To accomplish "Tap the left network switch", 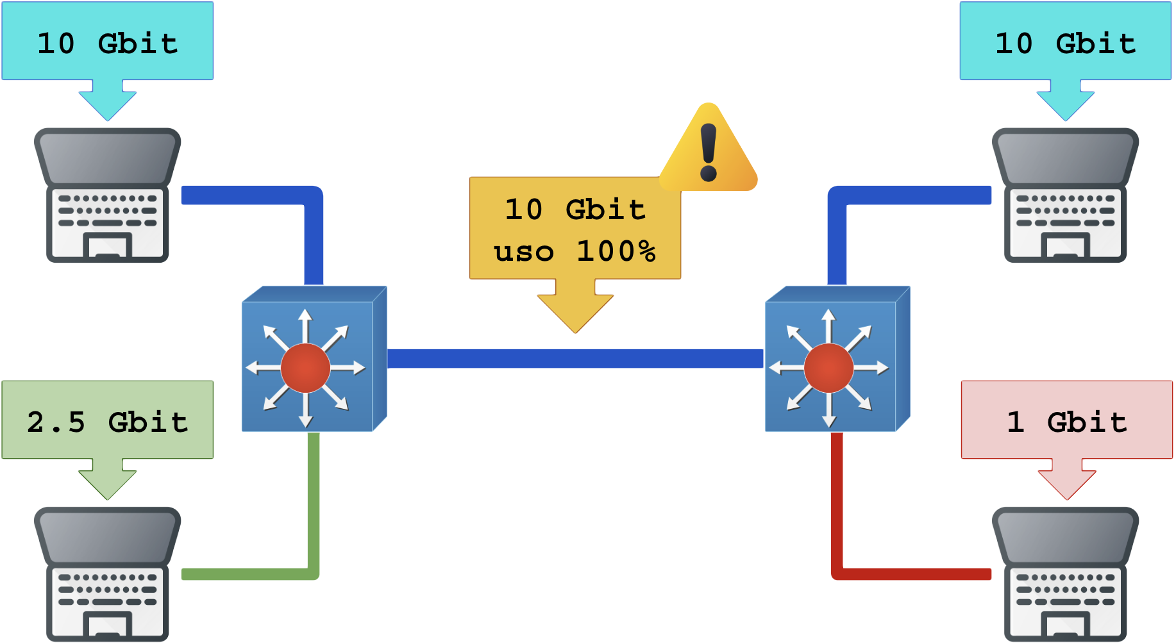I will click(x=314, y=359).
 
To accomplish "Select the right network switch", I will click(x=837, y=359).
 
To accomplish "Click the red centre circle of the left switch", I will click(x=305, y=367).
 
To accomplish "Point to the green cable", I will click(x=313, y=513).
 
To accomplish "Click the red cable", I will click(x=837, y=513).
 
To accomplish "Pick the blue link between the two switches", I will click(x=575, y=359).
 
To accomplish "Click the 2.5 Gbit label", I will click(x=107, y=421).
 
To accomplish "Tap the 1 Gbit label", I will click(x=1066, y=421).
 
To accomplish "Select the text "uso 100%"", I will click(x=575, y=251).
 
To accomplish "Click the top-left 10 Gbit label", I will click(x=107, y=42).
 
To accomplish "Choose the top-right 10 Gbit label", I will click(x=1065, y=42).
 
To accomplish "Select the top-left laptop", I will click(x=107, y=195).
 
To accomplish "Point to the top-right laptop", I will click(x=1065, y=195).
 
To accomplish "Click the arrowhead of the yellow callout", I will click(x=575, y=311).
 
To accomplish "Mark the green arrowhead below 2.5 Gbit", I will click(x=107, y=484).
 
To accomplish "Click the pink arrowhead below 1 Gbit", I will click(x=1066, y=484).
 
